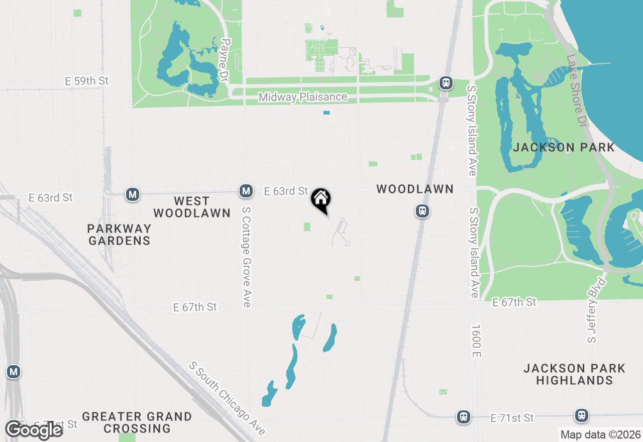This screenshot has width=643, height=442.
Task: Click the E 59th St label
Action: pyautogui.click(x=86, y=81)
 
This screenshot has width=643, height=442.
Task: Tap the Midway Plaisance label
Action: pyautogui.click(x=302, y=97)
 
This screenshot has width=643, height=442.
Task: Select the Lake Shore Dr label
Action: pyautogui.click(x=576, y=90)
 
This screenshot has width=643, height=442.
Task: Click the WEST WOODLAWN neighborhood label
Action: pyautogui.click(x=191, y=207)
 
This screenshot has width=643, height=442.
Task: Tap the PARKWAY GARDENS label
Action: pyautogui.click(x=119, y=235)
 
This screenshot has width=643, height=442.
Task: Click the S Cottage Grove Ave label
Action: pyautogui.click(x=246, y=257)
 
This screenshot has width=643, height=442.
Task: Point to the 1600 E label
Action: pyautogui.click(x=476, y=341)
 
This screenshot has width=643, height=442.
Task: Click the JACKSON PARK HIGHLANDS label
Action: pyautogui.click(x=574, y=374)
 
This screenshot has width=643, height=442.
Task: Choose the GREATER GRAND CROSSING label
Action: pyautogui.click(x=137, y=422)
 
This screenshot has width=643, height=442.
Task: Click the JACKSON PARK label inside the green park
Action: pyautogui.click(x=564, y=147)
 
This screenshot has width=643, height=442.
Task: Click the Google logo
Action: pyautogui.click(x=34, y=430)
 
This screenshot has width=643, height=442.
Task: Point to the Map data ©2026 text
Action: pyautogui.click(x=600, y=434)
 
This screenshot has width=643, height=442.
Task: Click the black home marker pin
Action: pyautogui.click(x=320, y=200)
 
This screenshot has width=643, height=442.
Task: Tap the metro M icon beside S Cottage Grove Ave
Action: pyautogui.click(x=246, y=191)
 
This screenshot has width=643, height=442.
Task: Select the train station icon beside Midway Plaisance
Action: pyautogui.click(x=446, y=82)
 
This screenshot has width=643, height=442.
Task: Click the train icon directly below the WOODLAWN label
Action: pyautogui.click(x=422, y=211)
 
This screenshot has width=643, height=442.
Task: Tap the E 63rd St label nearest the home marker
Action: pyautogui.click(x=286, y=191)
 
